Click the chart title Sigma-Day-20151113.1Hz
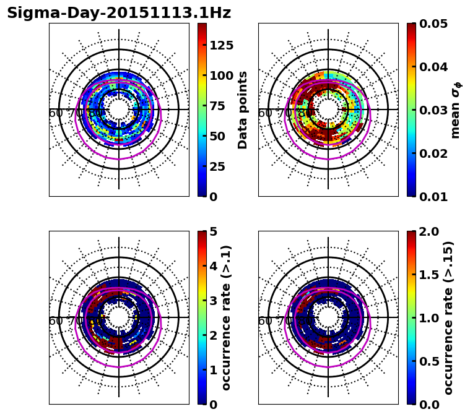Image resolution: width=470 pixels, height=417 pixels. tap(119, 13)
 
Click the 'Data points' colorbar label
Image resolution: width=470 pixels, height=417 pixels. tap(243, 110)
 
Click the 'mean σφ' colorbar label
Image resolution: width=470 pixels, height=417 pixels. tap(456, 110)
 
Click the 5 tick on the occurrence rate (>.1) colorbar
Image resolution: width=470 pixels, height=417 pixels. tap(212, 231)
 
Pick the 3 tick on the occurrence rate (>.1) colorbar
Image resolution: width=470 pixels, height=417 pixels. tap(212, 301)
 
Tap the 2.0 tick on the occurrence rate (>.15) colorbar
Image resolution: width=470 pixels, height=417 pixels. tap(427, 231)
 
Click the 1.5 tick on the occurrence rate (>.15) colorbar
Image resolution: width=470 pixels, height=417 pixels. tap(427, 275)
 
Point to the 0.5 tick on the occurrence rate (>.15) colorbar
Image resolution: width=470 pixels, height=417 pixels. tap(427, 361)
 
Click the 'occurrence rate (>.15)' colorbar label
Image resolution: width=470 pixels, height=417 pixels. tap(449, 317)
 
